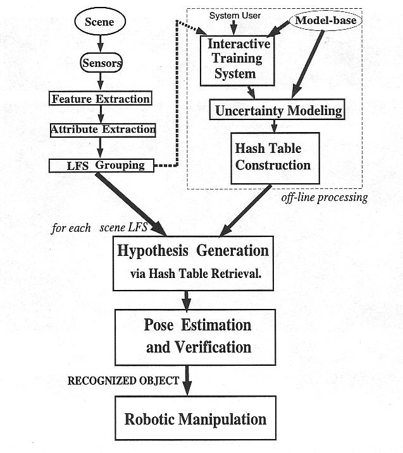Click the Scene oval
click(100, 21)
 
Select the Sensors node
click(101, 63)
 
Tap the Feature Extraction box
click(101, 98)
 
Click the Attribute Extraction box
click(102, 130)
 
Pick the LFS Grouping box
click(101, 166)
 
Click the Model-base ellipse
click(325, 20)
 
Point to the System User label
click(235, 16)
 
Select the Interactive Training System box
click(237, 61)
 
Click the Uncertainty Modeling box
click(277, 109)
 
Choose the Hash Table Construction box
click(275, 158)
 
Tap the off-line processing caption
click(325, 198)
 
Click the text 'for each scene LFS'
click(99, 227)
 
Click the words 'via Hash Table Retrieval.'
click(196, 274)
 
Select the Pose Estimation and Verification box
click(195, 337)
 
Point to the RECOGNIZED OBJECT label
click(123, 380)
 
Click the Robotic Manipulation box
click(195, 418)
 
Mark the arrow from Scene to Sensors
click(101, 44)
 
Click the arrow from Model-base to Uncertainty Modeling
click(308, 64)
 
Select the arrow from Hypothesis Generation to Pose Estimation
click(187, 301)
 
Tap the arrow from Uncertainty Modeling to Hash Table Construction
click(275, 126)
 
